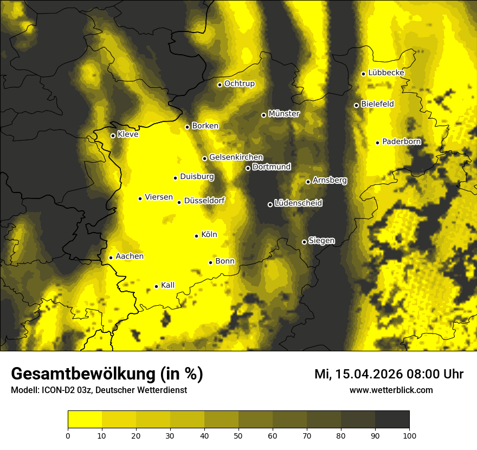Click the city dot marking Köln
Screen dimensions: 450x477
point(197,236)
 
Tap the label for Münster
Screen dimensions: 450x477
point(284,114)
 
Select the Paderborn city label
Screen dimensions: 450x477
point(401,142)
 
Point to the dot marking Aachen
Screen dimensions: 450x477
point(111,258)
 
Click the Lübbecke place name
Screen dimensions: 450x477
point(386,73)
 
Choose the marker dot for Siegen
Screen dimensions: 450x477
point(304,242)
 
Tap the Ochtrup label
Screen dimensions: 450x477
point(239,83)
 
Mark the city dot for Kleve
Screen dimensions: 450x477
point(113,136)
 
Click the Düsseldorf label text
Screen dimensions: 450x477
point(204,201)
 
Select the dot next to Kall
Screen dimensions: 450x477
point(156,286)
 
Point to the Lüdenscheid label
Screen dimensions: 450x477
point(298,203)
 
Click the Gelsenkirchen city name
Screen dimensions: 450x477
point(236,157)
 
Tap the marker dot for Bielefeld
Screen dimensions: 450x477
point(356,105)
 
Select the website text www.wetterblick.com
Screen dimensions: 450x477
point(391,390)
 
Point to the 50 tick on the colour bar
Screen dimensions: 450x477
point(238,435)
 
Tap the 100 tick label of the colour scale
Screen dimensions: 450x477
point(409,435)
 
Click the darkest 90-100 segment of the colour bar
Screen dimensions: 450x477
point(392,420)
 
